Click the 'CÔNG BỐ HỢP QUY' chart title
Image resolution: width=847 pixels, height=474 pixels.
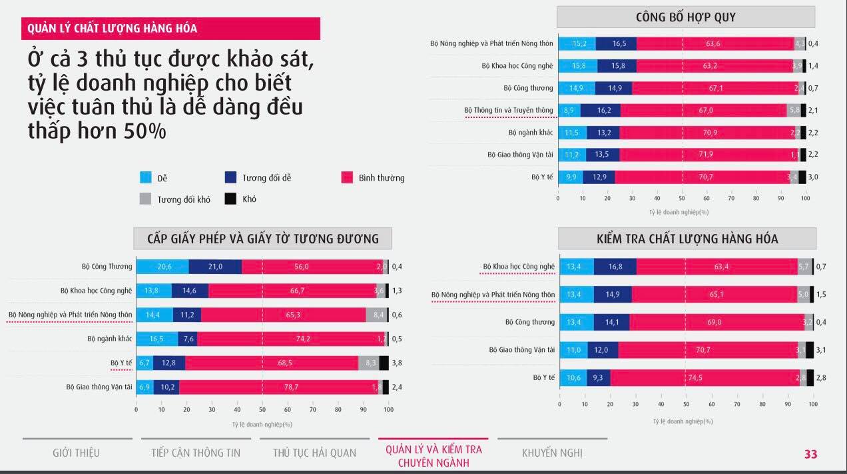[685, 17]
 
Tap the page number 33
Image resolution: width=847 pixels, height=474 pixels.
[810, 454]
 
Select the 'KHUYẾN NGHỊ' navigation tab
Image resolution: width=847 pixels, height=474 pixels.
[552, 453]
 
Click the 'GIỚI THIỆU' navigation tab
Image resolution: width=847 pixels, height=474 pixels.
[76, 453]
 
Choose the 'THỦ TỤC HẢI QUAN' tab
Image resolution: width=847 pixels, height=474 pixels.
[314, 453]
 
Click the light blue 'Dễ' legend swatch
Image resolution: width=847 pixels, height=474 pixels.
[146, 178]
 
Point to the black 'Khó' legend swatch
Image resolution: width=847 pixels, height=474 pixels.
[230, 199]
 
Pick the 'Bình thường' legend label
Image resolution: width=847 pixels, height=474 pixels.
[381, 178]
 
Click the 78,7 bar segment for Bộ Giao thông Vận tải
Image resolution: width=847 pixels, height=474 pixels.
[278, 387]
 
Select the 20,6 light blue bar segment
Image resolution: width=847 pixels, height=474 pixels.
[162, 267]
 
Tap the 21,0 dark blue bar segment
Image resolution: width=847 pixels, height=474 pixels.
[215, 267]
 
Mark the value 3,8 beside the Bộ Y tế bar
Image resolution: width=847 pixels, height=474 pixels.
[399, 363]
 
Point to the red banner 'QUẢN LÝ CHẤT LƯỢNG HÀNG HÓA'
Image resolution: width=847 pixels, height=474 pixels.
[170, 29]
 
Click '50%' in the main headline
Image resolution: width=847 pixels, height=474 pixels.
[145, 131]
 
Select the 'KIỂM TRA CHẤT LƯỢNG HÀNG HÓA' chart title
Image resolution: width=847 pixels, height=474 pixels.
[687, 239]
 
